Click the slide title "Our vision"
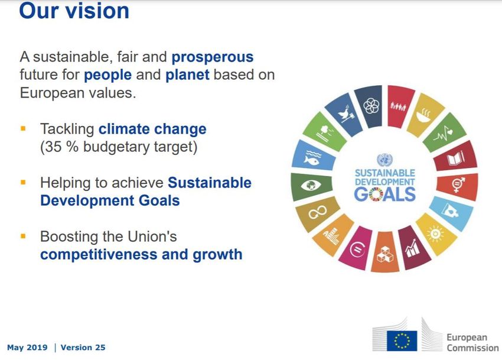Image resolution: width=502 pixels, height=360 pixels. (x=74, y=10)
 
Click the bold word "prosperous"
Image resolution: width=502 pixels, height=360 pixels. (x=213, y=57)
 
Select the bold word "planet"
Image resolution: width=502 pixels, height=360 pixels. (x=187, y=75)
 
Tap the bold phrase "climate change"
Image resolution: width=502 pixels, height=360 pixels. (x=152, y=129)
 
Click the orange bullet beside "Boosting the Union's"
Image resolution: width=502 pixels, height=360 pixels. (x=23, y=236)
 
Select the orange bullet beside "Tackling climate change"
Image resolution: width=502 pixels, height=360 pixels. (x=23, y=129)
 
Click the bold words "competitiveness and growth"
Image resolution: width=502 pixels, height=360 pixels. (x=141, y=255)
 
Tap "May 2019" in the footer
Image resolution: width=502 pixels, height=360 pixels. (x=27, y=348)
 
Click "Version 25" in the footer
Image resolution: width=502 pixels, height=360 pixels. (x=83, y=348)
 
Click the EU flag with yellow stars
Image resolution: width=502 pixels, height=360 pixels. (x=402, y=340)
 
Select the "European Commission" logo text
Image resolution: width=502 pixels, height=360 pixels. (x=472, y=342)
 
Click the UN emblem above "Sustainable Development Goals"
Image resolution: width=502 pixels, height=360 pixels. (x=385, y=160)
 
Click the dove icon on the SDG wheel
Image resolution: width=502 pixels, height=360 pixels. (x=344, y=113)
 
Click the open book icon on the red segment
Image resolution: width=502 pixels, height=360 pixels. (x=455, y=158)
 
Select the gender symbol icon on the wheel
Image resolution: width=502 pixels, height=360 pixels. (x=458, y=184)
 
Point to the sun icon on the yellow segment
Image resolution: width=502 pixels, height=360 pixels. (x=435, y=233)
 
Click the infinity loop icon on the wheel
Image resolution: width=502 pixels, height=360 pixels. (x=317, y=212)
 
